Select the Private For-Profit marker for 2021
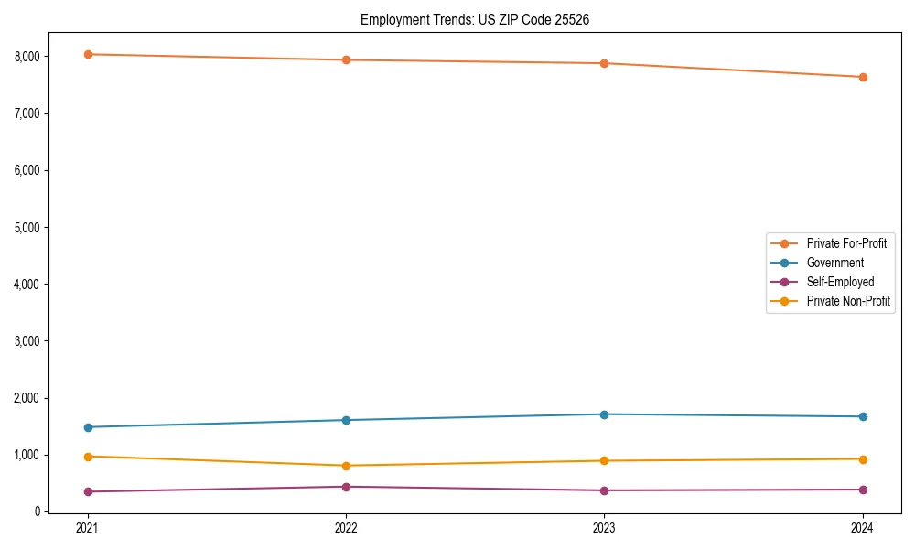(88, 54)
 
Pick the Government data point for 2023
(604, 414)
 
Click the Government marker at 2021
(88, 427)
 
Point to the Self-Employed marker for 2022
(346, 487)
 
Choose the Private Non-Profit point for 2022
(346, 466)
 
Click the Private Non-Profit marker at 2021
(88, 457)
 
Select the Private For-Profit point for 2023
(604, 63)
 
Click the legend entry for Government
(834, 263)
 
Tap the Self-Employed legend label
(840, 282)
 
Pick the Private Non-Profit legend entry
(848, 301)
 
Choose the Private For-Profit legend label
(846, 243)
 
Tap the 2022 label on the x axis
(346, 527)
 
